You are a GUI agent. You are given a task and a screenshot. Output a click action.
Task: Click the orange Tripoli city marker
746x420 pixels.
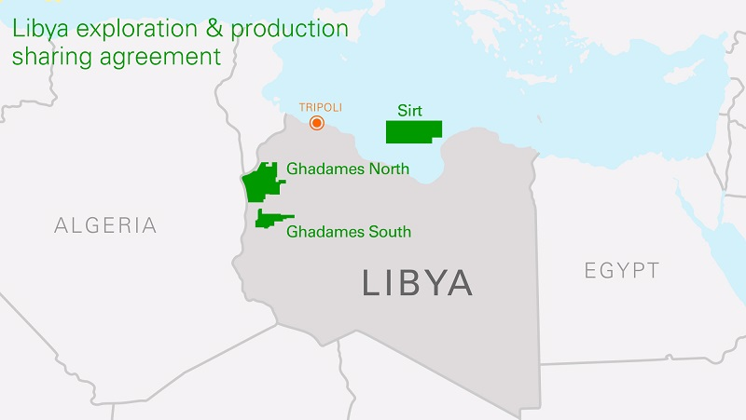(317, 123)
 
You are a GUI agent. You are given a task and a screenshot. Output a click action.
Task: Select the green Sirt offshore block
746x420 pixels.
(415, 132)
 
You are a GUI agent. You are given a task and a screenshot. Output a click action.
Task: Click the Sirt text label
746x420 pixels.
(409, 111)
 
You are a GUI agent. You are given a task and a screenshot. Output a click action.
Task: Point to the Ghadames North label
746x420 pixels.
(348, 169)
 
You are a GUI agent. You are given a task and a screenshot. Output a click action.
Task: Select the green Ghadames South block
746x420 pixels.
(269, 218)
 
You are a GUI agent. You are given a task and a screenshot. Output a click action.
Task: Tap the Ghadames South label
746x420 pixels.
(349, 231)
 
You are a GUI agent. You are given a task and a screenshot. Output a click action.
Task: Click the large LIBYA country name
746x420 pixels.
(417, 283)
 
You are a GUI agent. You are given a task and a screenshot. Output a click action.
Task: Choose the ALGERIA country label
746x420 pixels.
(105, 225)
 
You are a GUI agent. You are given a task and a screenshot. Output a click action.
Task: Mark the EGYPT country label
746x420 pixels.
(622, 271)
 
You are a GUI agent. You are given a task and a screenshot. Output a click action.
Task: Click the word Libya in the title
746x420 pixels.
(40, 28)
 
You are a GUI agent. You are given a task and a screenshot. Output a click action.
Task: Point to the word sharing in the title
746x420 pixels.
(48, 57)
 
